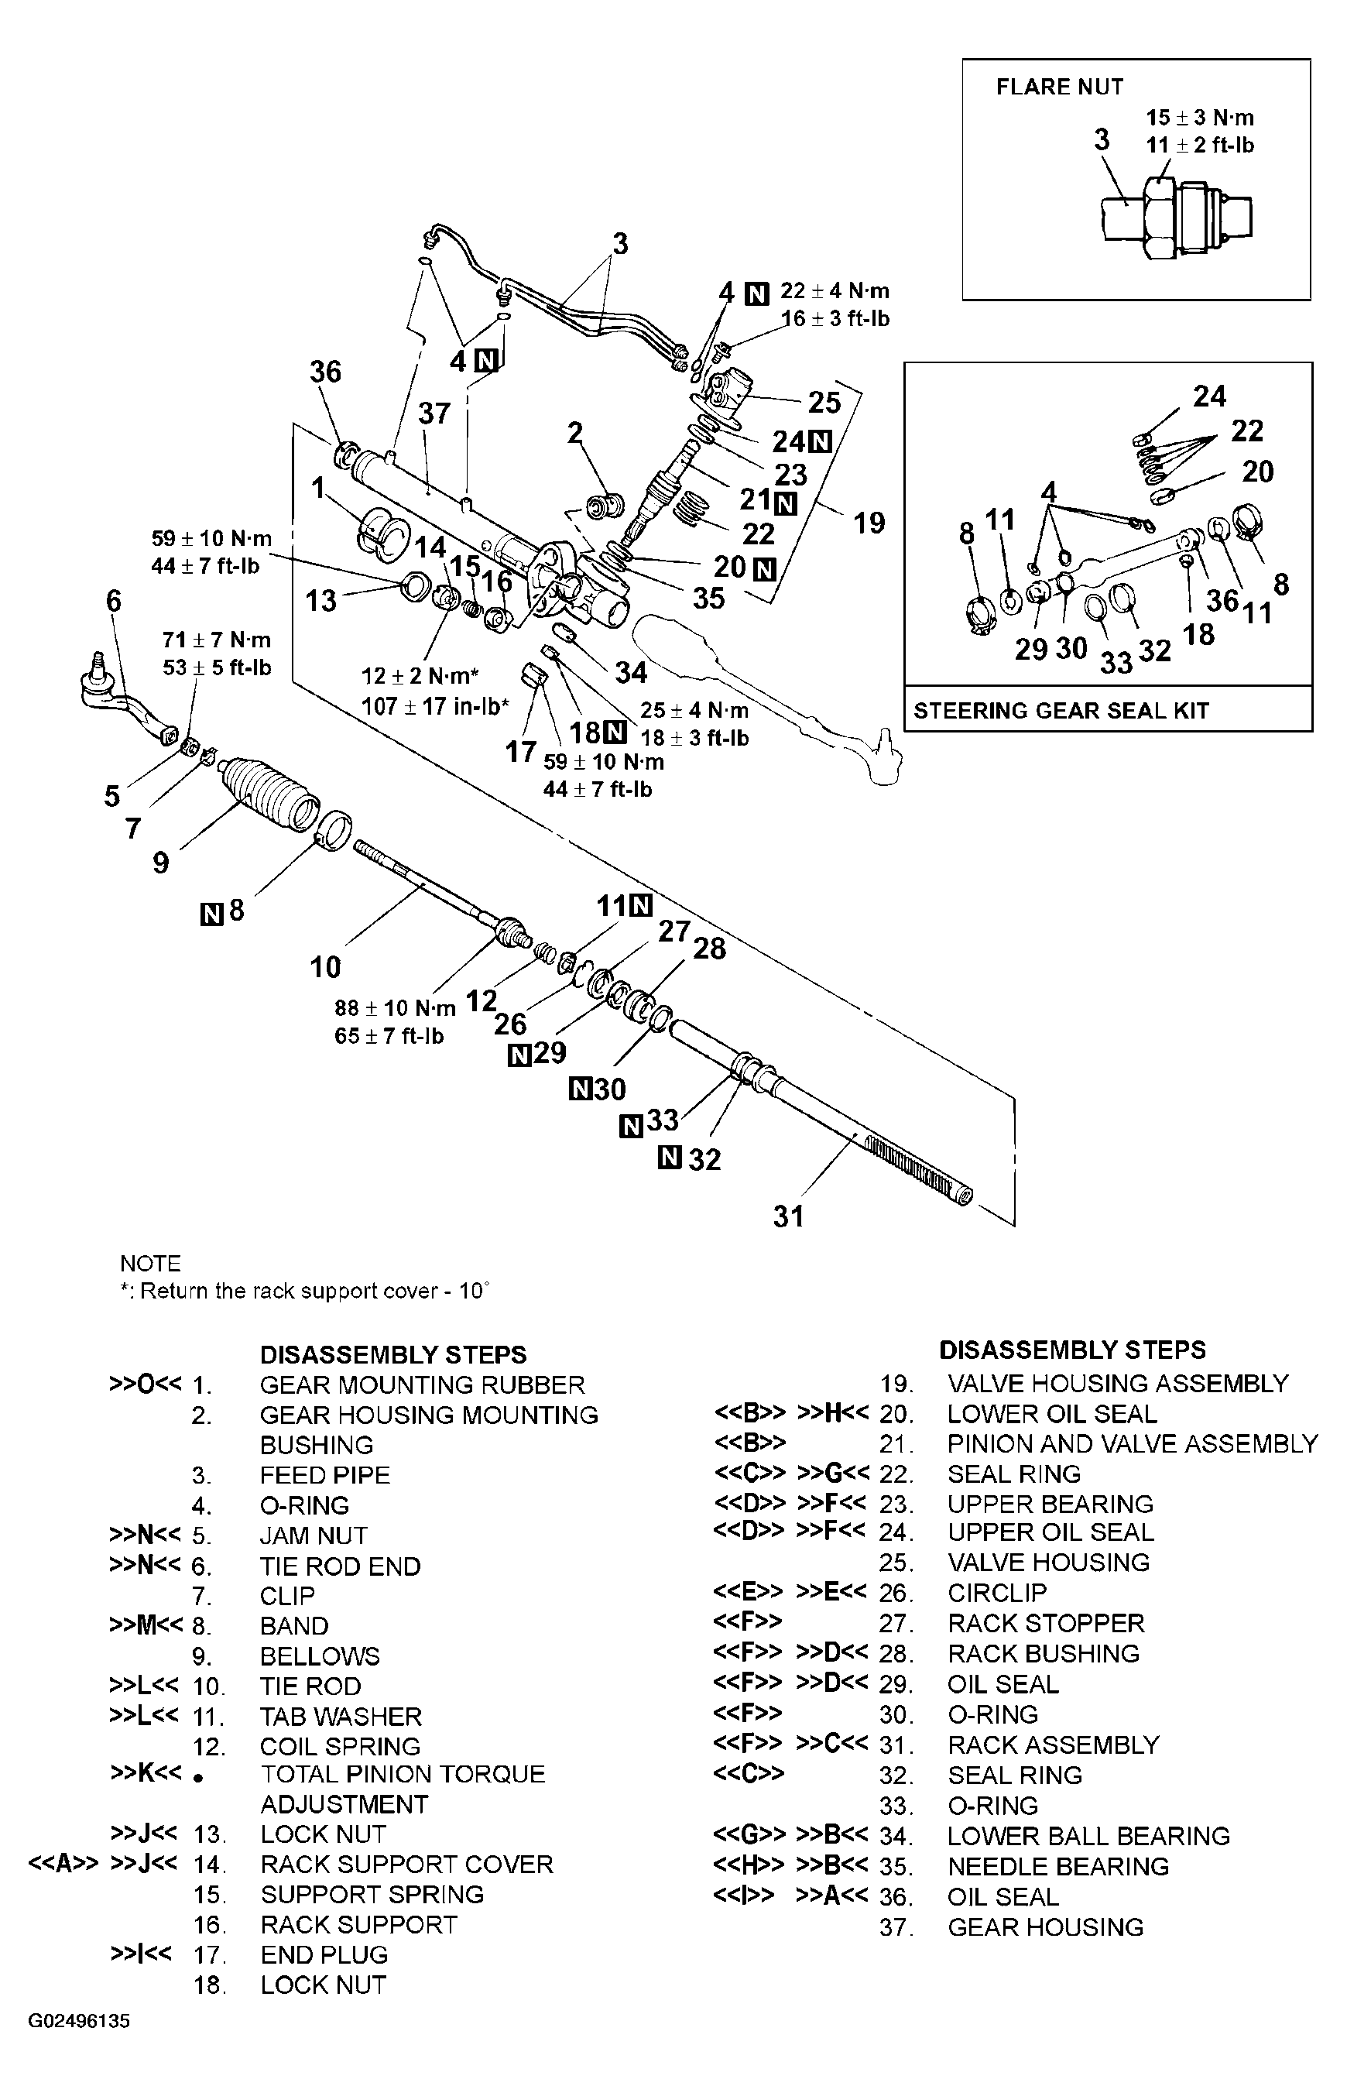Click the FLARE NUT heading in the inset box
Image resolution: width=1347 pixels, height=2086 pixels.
pyautogui.click(x=1059, y=87)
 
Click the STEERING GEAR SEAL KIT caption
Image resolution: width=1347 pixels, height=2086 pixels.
pyautogui.click(x=1061, y=710)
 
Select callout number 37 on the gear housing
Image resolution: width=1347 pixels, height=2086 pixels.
pyautogui.click(x=434, y=413)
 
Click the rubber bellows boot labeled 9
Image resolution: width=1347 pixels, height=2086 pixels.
pyautogui.click(x=267, y=791)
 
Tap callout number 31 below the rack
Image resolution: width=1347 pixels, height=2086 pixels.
pyautogui.click(x=788, y=1216)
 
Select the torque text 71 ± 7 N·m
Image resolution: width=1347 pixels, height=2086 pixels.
pyautogui.click(x=217, y=640)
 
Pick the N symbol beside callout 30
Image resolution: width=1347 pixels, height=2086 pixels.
pyautogui.click(x=581, y=1089)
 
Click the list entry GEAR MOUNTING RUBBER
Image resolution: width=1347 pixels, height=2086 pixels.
pyautogui.click(x=422, y=1385)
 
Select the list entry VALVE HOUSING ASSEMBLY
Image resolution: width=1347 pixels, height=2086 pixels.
pyautogui.click(x=1118, y=1384)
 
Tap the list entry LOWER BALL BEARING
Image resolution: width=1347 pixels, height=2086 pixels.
pyautogui.click(x=1088, y=1836)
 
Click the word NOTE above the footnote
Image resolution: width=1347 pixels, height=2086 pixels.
pyautogui.click(x=150, y=1263)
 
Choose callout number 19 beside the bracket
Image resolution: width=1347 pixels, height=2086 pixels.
pyautogui.click(x=869, y=523)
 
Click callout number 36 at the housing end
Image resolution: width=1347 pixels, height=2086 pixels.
pyautogui.click(x=325, y=372)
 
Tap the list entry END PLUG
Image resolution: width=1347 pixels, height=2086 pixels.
pyautogui.click(x=324, y=1955)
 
